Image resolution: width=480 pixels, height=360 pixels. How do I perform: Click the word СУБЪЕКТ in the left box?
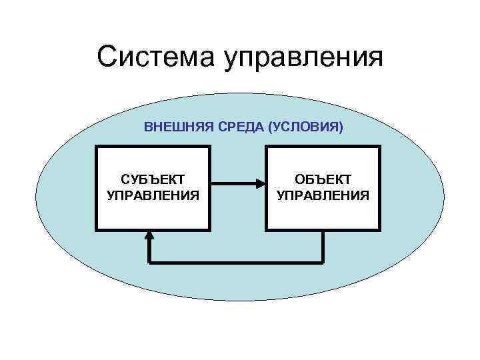(153, 180)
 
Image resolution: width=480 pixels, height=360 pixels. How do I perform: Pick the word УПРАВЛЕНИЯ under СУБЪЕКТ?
(153, 195)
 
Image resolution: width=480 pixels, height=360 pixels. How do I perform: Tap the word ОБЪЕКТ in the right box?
(323, 180)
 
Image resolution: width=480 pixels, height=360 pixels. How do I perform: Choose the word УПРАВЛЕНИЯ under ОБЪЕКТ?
(323, 195)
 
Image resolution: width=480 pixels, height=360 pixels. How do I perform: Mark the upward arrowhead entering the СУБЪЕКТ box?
(149, 235)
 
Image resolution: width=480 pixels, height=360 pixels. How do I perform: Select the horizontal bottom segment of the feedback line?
(236, 261)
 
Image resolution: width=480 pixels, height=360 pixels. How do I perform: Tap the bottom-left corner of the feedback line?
(149, 261)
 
